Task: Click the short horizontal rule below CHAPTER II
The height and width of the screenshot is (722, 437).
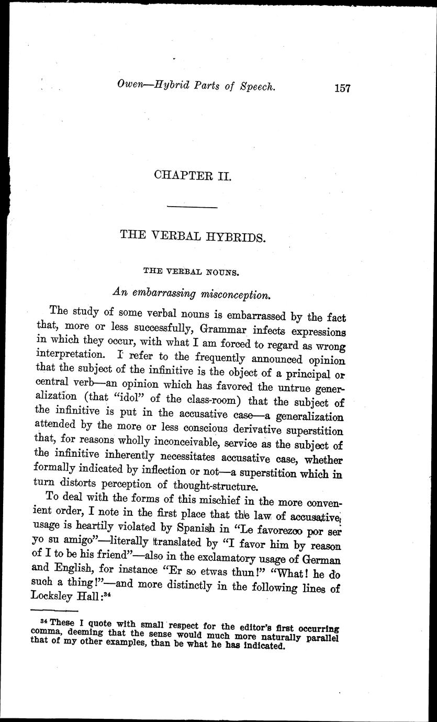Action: coord(192,208)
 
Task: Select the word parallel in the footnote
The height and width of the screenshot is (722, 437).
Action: coord(321,637)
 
